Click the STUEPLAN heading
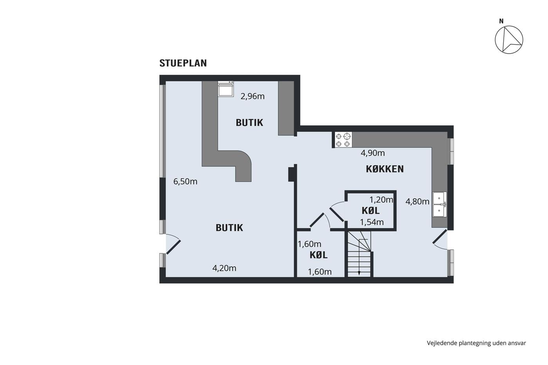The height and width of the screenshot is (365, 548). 183,63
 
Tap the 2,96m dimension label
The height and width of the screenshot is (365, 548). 252,96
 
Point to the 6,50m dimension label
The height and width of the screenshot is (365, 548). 185,182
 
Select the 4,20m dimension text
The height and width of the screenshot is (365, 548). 224,268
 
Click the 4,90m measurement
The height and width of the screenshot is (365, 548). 373,153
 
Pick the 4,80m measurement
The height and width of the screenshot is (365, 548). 417,201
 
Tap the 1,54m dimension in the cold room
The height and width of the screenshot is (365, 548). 371,222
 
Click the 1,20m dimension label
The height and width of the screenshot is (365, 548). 381,200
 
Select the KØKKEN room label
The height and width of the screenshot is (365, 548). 384,169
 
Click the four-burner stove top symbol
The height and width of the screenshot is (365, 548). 343,140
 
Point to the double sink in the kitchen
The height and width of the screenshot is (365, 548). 439,204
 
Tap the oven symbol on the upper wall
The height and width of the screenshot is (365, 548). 225,89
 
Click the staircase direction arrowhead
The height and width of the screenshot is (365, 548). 359,273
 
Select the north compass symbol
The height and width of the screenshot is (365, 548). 509,40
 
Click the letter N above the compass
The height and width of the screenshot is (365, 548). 501,21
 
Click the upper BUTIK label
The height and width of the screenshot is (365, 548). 249,122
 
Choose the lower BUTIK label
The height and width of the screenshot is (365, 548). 229,228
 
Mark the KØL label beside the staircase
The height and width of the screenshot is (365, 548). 319,255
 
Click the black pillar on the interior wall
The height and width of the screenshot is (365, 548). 291,174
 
